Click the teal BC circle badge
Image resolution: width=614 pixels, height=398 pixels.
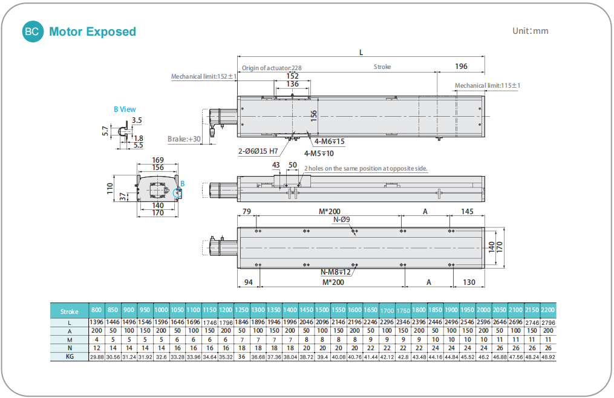click(32, 32)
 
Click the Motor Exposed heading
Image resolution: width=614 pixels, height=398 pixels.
click(93, 32)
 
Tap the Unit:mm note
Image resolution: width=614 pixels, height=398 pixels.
click(530, 31)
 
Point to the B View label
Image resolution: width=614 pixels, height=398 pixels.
click(125, 109)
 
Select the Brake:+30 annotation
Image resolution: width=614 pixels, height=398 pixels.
click(184, 139)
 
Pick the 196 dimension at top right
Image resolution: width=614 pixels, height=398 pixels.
click(461, 66)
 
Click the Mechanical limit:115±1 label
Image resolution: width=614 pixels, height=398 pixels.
click(488, 86)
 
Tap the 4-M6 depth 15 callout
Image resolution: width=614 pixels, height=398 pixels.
click(330, 142)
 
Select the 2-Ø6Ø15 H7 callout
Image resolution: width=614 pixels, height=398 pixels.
click(258, 151)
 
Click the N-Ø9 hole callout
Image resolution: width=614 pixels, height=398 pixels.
click(342, 220)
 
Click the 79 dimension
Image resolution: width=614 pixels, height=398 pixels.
click(246, 211)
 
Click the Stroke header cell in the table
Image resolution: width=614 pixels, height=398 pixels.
click(70, 312)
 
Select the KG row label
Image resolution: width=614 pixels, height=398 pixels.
click(70, 357)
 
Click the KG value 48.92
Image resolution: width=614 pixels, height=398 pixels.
click(547, 357)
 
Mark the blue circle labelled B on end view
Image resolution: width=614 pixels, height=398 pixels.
click(177, 192)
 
